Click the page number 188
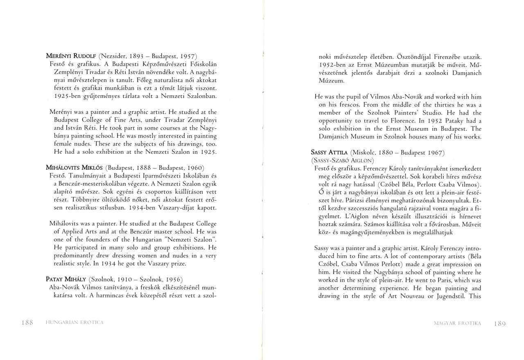tap(27, 323)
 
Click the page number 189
tap(500, 323)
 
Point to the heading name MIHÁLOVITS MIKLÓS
tap(75, 168)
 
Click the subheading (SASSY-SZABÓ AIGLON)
tap(343, 160)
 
